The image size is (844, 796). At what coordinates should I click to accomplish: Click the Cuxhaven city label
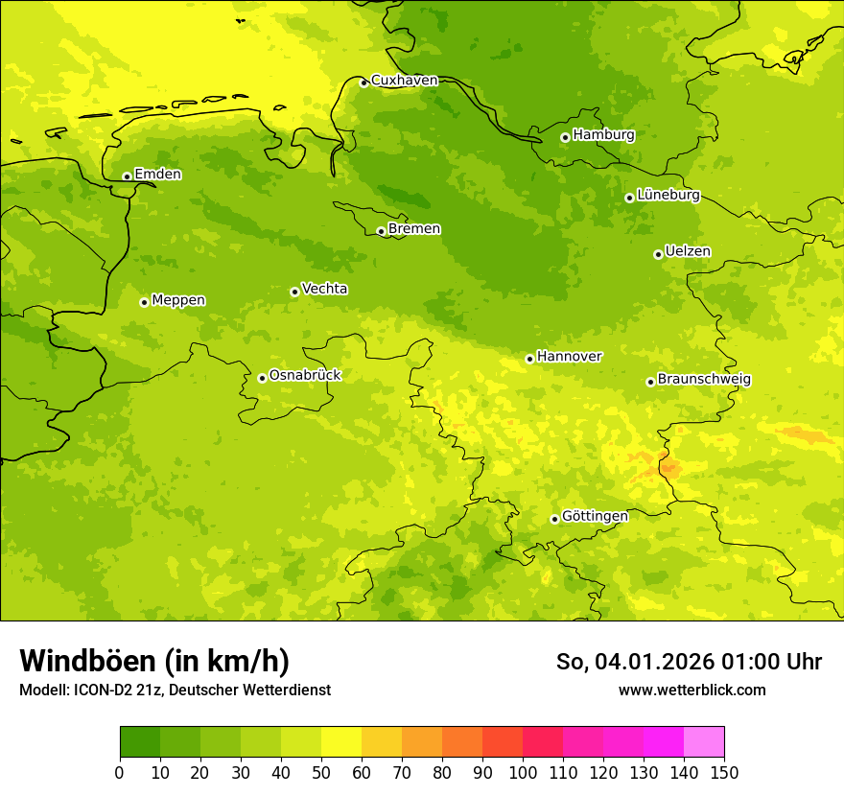404,81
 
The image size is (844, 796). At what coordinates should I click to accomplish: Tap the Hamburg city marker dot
565,137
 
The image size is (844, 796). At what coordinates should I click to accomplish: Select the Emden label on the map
157,175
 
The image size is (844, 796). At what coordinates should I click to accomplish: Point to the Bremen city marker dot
381,231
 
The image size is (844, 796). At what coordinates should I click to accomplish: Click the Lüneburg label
668,196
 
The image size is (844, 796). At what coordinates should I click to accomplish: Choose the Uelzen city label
688,252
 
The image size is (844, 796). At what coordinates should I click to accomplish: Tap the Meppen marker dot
144,302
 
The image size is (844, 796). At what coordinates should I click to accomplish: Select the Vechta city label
324,289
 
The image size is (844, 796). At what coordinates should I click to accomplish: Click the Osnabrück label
305,376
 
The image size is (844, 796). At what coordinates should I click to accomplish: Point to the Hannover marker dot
529,359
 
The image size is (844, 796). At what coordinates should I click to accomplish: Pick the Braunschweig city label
704,380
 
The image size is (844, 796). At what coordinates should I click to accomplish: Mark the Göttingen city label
595,517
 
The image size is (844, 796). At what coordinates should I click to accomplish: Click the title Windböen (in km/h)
154,662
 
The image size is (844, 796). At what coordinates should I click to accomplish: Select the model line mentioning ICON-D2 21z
175,691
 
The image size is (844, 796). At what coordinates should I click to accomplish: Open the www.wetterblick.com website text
692,691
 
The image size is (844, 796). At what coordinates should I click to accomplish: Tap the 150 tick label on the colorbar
724,773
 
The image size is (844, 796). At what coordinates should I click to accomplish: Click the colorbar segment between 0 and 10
140,742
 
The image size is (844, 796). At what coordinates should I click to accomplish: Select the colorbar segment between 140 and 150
704,742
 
